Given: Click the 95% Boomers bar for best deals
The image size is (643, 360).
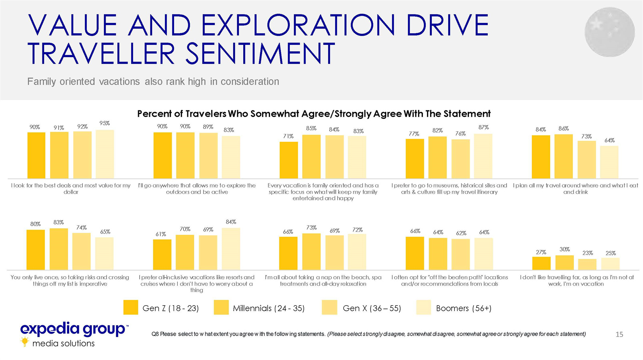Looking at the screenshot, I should [105, 154].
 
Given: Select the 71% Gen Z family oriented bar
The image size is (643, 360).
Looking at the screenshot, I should [288, 160].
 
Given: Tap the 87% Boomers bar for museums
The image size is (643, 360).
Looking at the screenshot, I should [483, 156].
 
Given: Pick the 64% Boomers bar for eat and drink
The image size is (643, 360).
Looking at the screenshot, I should [609, 162].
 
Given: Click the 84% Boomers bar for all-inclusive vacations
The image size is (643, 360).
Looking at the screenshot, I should [231, 249].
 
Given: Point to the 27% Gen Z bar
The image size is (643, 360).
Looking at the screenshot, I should [541, 263].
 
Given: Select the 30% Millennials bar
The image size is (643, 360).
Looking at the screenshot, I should [564, 262].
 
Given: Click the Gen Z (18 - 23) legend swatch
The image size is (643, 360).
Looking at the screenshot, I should [131, 308].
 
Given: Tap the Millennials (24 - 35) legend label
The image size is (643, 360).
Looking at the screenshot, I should [268, 308].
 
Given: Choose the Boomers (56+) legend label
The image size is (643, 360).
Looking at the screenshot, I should [463, 308].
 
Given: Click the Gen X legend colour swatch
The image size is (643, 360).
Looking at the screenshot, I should [329, 308].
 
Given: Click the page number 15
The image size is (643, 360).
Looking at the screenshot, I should [619, 334].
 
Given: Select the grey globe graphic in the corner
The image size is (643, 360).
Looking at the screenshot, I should [609, 32].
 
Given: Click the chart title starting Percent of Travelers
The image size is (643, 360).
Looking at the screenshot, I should [314, 114].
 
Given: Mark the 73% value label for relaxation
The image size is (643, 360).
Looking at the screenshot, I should [311, 228].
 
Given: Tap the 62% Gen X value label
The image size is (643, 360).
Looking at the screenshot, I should [461, 233].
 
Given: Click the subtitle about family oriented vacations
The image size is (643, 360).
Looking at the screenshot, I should [153, 82].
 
